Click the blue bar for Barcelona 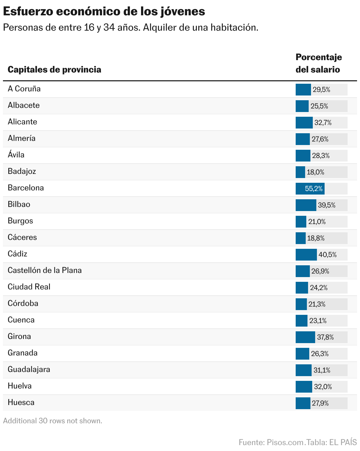[x=310, y=189]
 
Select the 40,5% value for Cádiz [x=328, y=255]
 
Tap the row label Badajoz [x=22, y=171]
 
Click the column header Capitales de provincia [x=54, y=70]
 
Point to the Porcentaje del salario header [x=319, y=63]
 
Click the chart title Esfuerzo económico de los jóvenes [x=104, y=12]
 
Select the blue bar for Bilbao [x=306, y=205]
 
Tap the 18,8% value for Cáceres [x=316, y=238]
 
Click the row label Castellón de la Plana [x=45, y=270]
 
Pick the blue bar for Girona [x=305, y=337]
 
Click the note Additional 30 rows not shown [x=53, y=421]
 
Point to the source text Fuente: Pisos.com [x=271, y=442]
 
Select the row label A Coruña [x=24, y=89]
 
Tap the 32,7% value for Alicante [x=323, y=123]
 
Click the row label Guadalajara [x=29, y=369]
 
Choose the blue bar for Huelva [x=304, y=387]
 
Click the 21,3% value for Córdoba [x=317, y=304]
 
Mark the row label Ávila [x=16, y=155]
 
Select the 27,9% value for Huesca [x=320, y=403]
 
